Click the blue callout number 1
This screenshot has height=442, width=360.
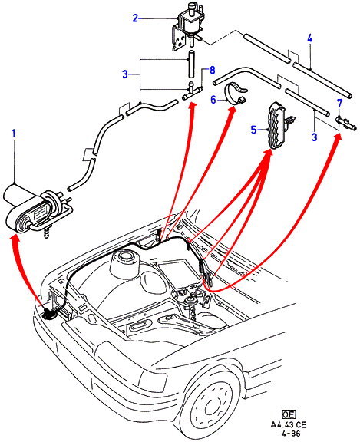(x=14, y=134)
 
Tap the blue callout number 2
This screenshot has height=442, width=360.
(x=135, y=18)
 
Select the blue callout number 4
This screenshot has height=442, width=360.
(x=309, y=38)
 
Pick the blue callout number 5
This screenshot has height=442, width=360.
(x=254, y=130)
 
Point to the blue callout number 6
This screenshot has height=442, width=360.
(x=213, y=100)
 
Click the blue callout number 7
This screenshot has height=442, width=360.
(x=339, y=103)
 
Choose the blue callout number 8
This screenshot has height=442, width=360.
(x=212, y=70)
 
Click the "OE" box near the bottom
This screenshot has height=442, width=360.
(x=289, y=414)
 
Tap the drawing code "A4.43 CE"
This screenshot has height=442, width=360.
(x=289, y=425)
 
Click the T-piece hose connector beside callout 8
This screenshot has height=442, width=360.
(x=192, y=91)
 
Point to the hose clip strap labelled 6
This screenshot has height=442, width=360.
(x=236, y=94)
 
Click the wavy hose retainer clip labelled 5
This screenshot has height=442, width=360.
(x=278, y=125)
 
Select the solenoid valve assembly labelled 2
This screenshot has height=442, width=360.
(x=186, y=26)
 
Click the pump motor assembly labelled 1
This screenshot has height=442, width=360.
(x=37, y=209)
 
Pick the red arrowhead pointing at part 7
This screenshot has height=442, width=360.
(x=338, y=137)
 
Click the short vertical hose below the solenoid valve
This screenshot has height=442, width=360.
(x=191, y=64)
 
